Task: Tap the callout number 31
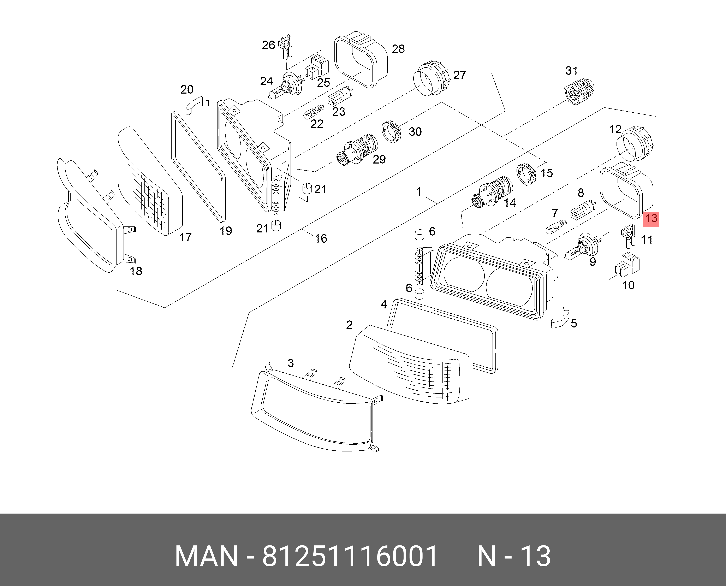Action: click(x=571, y=71)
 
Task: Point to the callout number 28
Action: click(x=398, y=49)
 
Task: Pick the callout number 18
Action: click(x=136, y=271)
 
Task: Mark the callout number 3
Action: click(x=291, y=363)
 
